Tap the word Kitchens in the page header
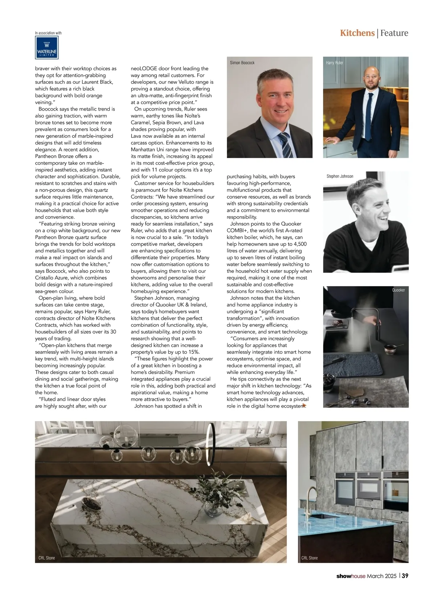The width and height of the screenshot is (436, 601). pos(357,33)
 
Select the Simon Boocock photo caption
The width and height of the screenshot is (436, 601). pos(242,63)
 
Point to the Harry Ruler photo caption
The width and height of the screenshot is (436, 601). pos(334,63)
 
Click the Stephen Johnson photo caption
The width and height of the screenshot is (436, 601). pos(340,176)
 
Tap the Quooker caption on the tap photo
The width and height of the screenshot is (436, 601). pos(398,290)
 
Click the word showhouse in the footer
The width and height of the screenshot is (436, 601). pos(351,576)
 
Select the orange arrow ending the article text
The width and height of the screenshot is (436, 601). pos(304,406)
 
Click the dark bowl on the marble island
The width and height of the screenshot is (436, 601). pos(91,503)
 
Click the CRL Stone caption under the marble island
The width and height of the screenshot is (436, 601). pos(47,558)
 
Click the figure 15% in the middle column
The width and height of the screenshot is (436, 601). pos(193,352)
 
